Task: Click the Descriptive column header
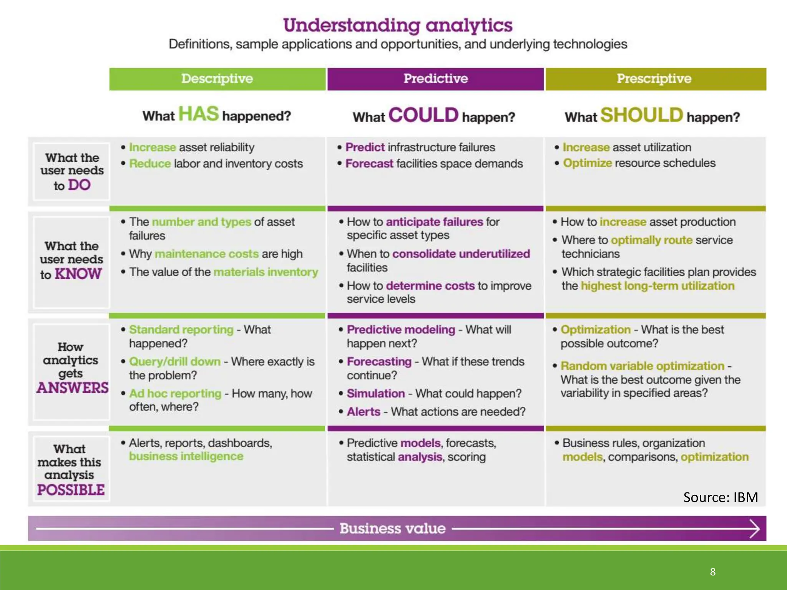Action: click(x=217, y=79)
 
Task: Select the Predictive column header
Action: click(x=435, y=79)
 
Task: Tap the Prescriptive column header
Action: click(x=654, y=79)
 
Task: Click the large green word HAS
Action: click(x=198, y=114)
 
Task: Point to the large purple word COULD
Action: click(x=423, y=115)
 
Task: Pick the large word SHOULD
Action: click(x=641, y=115)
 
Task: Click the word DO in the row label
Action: click(x=79, y=185)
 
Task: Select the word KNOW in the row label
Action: click(x=78, y=274)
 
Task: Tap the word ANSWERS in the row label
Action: click(x=73, y=388)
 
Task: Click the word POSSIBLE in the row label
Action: click(x=71, y=490)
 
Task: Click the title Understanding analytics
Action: click(x=398, y=25)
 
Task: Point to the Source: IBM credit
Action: click(x=720, y=497)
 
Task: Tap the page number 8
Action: click(x=712, y=572)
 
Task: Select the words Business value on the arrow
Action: click(x=392, y=529)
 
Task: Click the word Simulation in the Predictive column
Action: click(x=375, y=393)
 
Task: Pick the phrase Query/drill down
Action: click(x=175, y=361)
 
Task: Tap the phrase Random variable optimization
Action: click(x=642, y=366)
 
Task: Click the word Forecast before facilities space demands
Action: click(x=369, y=164)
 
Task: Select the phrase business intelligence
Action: click(x=186, y=456)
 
